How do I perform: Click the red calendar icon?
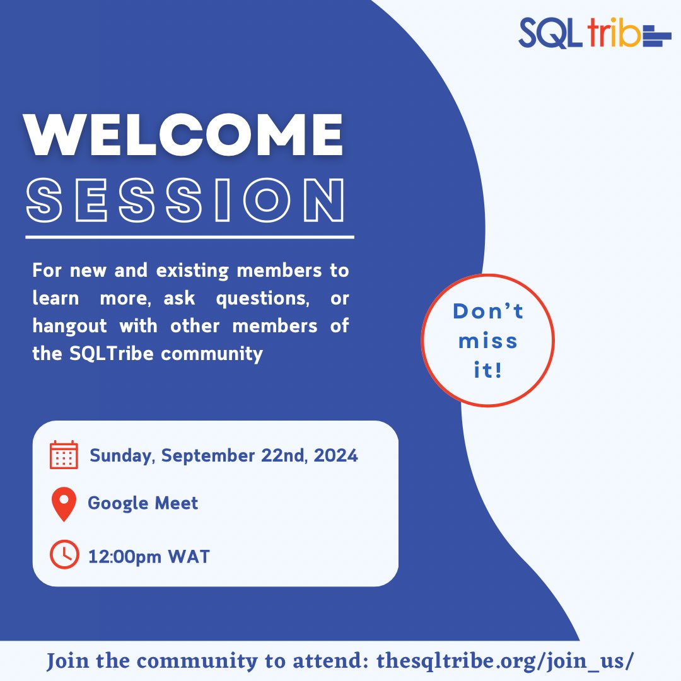tap(64, 455)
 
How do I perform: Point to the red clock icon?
tap(64, 555)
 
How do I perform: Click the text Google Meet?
tap(143, 503)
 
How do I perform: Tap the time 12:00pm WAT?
tap(149, 557)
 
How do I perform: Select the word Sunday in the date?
tap(121, 455)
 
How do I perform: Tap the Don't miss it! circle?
tap(487, 340)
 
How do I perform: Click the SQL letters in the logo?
tap(548, 34)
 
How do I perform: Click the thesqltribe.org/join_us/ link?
tap(504, 661)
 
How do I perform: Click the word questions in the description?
tap(262, 298)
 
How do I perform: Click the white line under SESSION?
tap(189, 237)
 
